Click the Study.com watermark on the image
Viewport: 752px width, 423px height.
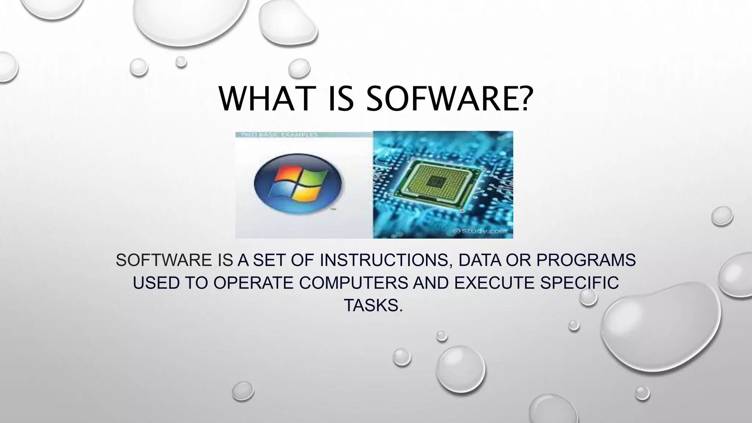pos(481,231)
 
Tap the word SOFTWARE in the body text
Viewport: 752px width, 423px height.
pos(163,260)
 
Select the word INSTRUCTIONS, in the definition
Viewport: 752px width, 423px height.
pos(386,260)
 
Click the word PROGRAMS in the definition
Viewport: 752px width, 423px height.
pos(586,260)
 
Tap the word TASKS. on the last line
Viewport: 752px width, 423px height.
pos(373,305)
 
